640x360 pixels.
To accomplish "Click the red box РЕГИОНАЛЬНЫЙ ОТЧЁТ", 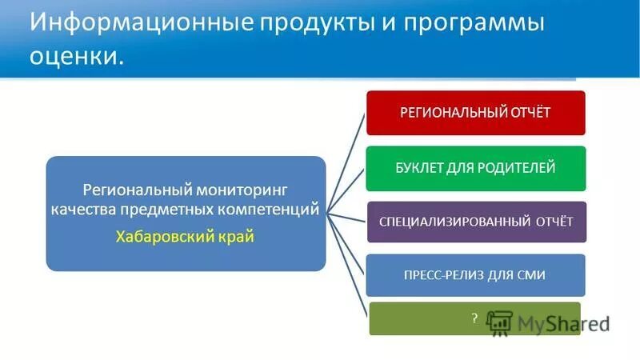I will (476, 113).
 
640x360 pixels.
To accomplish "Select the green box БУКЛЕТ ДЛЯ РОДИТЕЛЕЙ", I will (476, 168).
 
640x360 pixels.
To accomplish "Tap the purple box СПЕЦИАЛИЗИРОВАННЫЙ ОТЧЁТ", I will (476, 222).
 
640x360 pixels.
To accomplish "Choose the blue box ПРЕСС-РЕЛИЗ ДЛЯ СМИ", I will (476, 275).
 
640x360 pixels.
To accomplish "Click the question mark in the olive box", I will (474, 318).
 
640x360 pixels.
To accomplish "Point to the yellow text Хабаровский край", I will (185, 237).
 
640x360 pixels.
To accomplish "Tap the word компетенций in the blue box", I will (274, 210).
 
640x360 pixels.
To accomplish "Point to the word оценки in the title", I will (76, 56).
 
